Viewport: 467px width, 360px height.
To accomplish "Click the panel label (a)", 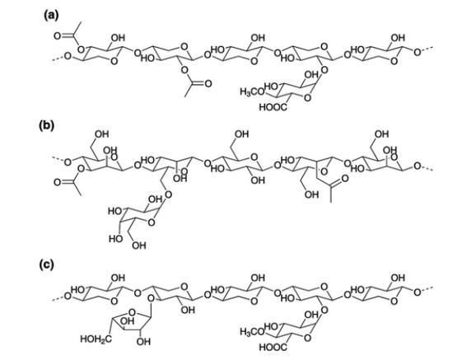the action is click(x=51, y=15).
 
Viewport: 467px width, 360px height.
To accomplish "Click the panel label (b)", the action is click(x=47, y=125).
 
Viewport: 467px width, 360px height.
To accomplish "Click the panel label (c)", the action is click(x=47, y=264).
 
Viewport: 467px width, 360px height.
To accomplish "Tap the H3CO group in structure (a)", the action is click(x=252, y=91).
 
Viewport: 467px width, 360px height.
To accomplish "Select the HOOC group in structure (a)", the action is click(x=273, y=107).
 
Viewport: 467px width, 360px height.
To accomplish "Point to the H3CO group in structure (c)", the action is click(x=252, y=331).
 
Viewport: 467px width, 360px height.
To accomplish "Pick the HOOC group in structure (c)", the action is click(x=273, y=347).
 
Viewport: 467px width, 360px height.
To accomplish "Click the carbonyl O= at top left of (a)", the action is click(x=59, y=36).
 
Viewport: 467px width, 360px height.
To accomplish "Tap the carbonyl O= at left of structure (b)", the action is click(x=59, y=182).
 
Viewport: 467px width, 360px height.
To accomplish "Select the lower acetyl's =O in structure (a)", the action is click(x=206, y=83).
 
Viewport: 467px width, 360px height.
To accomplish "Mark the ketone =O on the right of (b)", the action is click(x=343, y=179).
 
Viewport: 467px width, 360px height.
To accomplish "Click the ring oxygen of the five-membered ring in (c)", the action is click(x=133, y=312).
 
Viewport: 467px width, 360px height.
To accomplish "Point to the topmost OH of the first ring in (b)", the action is click(x=102, y=134).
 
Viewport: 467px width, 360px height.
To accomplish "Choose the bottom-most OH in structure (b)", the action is click(x=139, y=245).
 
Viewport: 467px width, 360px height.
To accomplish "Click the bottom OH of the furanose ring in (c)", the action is click(x=143, y=342).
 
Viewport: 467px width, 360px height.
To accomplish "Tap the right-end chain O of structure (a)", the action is click(x=418, y=53).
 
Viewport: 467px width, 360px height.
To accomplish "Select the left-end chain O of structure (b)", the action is click(x=68, y=162).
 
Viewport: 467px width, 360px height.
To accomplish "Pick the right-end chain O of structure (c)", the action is click(x=418, y=292).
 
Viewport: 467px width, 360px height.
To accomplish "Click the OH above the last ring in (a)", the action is click(x=398, y=38).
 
